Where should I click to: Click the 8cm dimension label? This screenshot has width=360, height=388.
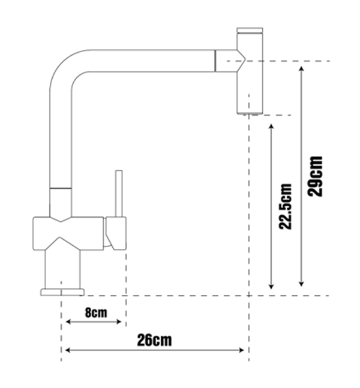[96, 312]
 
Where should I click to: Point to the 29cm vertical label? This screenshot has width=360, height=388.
[314, 176]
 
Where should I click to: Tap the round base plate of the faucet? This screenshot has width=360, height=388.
[62, 291]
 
